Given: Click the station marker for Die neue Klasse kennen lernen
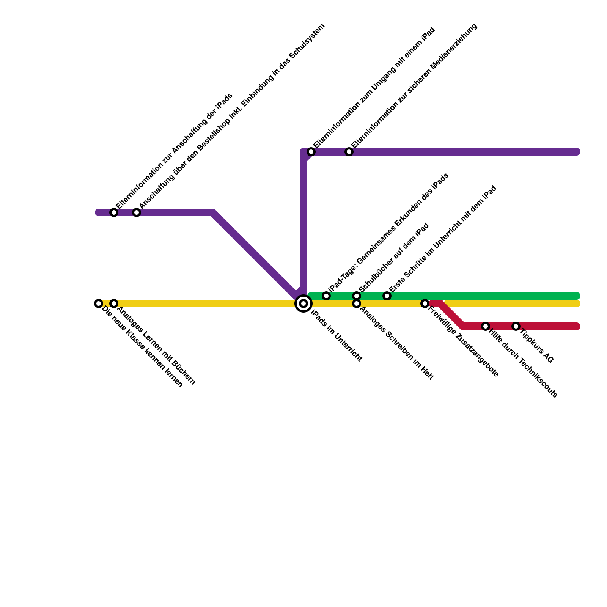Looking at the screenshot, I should pyautogui.click(x=99, y=303).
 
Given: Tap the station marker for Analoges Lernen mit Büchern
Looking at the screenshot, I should pyautogui.click(x=114, y=303).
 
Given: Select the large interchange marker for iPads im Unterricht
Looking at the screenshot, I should pyautogui.click(x=303, y=303).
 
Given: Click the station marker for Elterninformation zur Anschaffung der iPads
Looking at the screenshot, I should pyautogui.click(x=114, y=212).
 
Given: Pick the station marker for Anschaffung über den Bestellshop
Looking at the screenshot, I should pyautogui.click(x=137, y=212).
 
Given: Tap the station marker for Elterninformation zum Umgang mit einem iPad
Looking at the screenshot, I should pyautogui.click(x=311, y=152).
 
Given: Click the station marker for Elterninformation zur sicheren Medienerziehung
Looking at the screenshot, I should pyautogui.click(x=349, y=152).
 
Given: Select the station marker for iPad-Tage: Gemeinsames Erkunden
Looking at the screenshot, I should pyautogui.click(x=326, y=296).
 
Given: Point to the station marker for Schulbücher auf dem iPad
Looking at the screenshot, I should pyautogui.click(x=357, y=296).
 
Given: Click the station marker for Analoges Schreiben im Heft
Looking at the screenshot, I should pyautogui.click(x=357, y=304).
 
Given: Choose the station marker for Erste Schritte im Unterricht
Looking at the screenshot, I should pyautogui.click(x=387, y=296).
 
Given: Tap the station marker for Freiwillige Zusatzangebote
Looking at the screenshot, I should pyautogui.click(x=425, y=303).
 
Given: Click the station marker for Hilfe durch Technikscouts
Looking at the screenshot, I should pyautogui.click(x=486, y=326).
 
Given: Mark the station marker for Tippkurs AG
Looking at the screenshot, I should pyautogui.click(x=516, y=326).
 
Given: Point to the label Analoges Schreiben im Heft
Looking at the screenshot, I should pyautogui.click(x=396, y=343).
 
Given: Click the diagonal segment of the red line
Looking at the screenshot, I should pyautogui.click(x=451, y=315).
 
